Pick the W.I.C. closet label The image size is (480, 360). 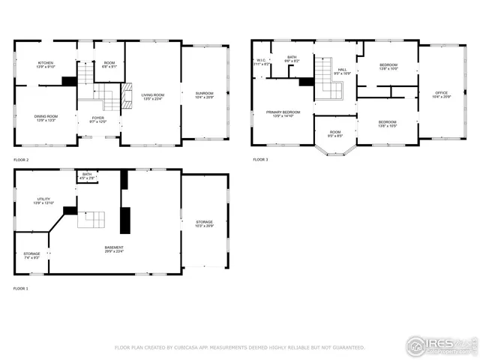[262, 62]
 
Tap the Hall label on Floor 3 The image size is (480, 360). [342, 72]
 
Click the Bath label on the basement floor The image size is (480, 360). [87, 176]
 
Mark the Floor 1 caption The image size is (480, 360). [21, 288]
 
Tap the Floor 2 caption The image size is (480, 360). [21, 160]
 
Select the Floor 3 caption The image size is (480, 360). [259, 160]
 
